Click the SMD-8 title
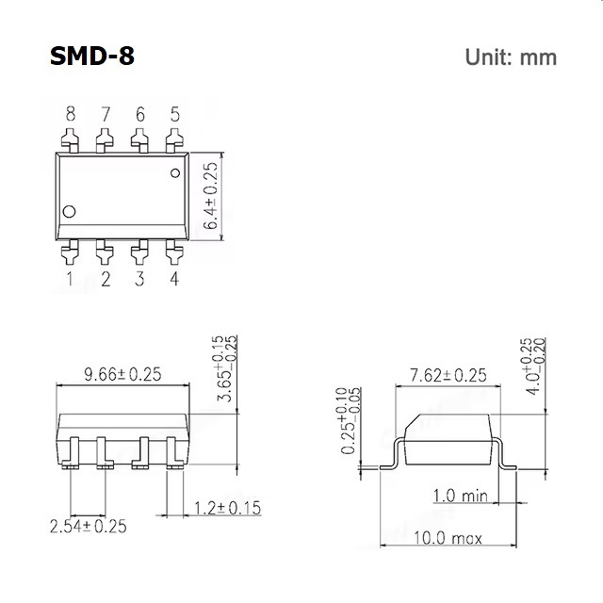tap(92, 57)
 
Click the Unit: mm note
tap(511, 57)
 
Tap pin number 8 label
tap(71, 114)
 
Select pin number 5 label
tap(175, 114)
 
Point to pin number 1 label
tap(70, 279)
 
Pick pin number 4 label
tap(174, 279)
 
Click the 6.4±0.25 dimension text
tap(210, 196)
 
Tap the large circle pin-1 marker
tap(69, 211)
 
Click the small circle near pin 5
tap(175, 173)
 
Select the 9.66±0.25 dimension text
tap(122, 374)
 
